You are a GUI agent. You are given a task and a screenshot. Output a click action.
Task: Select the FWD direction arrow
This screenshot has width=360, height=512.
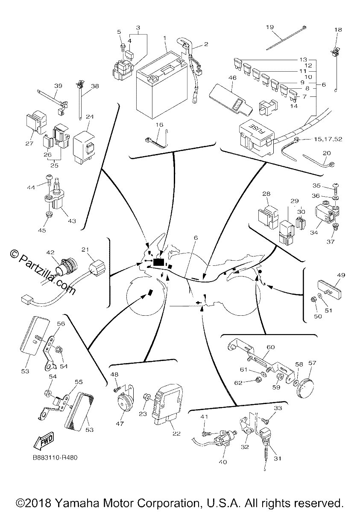coord(43,439)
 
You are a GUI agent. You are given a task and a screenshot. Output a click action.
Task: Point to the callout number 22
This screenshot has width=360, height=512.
coord(176,433)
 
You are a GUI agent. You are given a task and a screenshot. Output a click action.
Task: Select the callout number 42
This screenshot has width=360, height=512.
coord(50,252)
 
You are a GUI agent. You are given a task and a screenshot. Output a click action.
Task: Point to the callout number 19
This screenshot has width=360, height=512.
coord(270,27)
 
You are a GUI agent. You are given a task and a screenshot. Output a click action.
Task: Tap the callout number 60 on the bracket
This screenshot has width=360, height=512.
coord(270,347)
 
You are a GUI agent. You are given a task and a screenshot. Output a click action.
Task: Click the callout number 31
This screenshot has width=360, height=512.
coord(278,458)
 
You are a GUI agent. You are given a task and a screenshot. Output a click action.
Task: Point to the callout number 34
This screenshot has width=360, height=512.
coord(314,233)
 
